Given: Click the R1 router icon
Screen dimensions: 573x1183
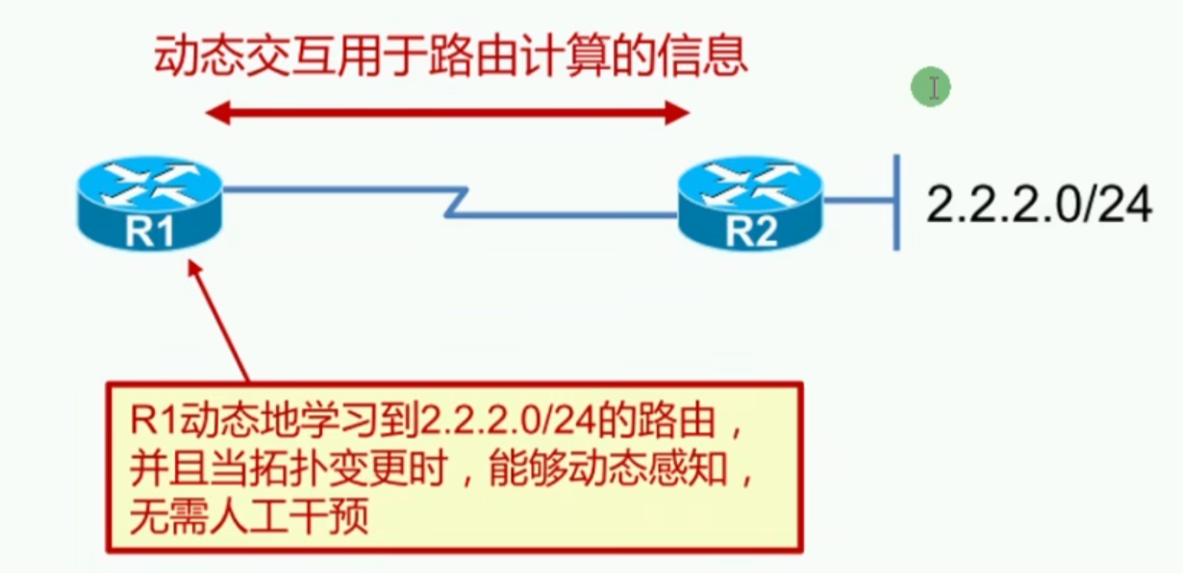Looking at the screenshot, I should [149, 201].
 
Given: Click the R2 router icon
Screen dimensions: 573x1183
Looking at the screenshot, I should [750, 201].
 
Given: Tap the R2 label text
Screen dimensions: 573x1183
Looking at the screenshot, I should [751, 232].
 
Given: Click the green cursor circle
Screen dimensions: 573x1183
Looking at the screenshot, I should [931, 88].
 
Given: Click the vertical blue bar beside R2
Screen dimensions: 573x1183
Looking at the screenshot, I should [896, 202].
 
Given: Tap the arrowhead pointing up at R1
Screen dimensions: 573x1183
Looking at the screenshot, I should [194, 273].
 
